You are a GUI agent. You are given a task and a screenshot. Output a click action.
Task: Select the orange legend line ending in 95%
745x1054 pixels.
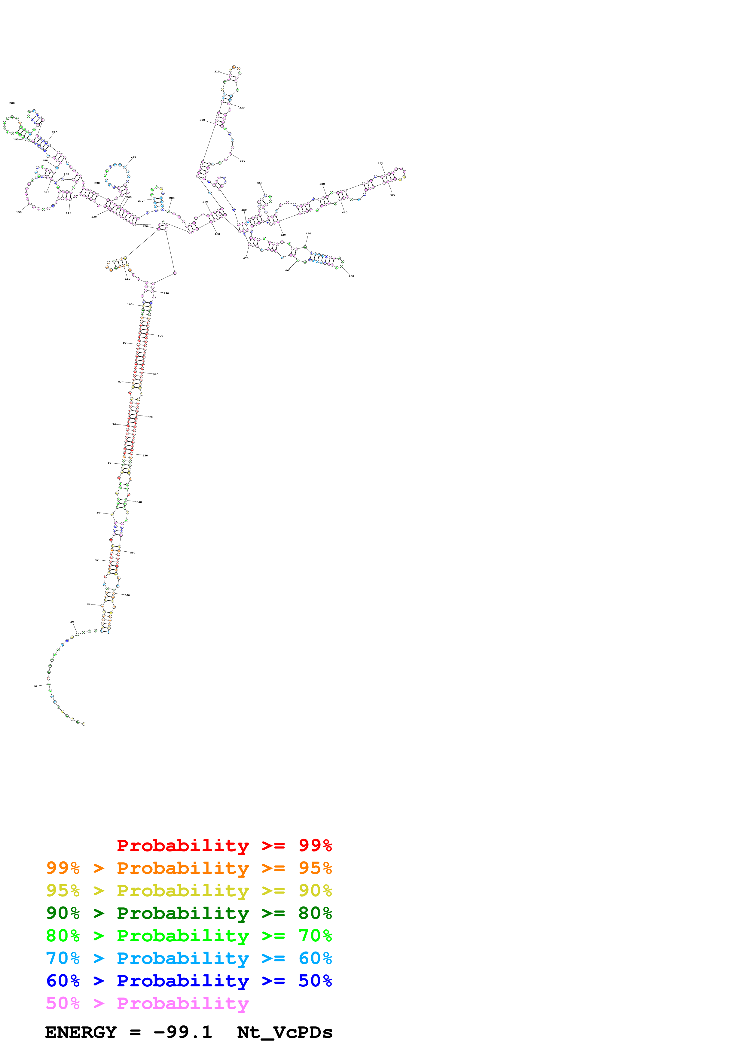pos(189,868)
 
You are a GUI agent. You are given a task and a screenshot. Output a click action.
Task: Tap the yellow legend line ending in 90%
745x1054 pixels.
pos(189,891)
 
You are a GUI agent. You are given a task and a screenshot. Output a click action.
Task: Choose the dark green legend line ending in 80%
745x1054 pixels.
pos(189,913)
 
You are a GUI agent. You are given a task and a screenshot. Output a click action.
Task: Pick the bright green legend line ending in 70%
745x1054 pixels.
pos(189,936)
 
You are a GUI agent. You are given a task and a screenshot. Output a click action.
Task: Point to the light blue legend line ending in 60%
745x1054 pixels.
pos(189,958)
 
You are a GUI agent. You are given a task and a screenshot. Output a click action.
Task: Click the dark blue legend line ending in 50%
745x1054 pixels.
pos(189,981)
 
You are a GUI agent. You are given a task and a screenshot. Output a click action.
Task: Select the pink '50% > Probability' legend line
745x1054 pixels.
pos(147,1003)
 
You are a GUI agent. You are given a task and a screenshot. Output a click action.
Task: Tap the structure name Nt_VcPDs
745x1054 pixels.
pos(285,1032)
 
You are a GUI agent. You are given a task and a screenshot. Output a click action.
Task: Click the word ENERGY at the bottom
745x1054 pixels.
pos(81,1032)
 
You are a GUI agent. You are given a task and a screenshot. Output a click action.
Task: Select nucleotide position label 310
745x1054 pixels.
pos(217,72)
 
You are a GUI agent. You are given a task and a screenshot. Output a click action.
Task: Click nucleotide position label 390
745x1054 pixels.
pos(380,163)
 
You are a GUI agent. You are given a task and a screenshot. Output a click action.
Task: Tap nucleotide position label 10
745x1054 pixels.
pos(35,686)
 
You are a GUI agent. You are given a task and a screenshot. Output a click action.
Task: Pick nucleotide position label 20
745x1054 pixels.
pos(72,622)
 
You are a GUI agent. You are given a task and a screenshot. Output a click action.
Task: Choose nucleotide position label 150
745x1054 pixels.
pos(19,212)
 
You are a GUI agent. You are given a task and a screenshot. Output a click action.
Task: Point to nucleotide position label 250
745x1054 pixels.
pos(133,157)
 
